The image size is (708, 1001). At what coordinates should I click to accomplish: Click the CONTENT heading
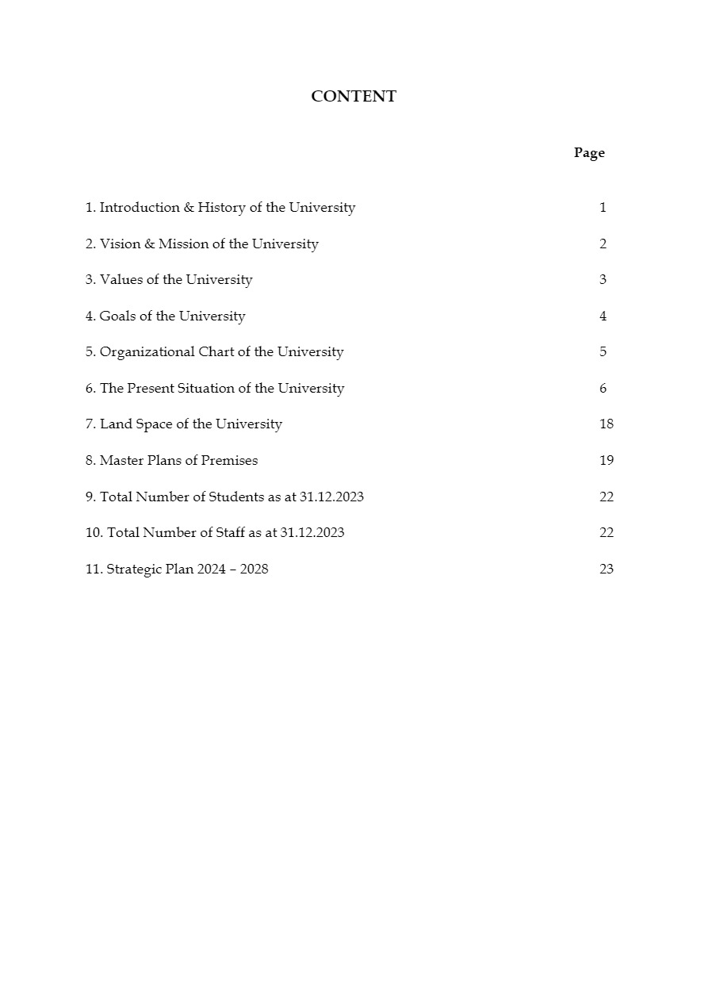[354, 97]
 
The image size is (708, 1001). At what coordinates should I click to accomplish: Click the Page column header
[589, 153]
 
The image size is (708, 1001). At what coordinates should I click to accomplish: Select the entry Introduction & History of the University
[220, 208]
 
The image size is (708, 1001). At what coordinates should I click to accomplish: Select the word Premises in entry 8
[229, 461]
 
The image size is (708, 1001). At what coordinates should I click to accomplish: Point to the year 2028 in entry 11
[254, 570]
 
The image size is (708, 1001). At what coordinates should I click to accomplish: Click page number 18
[607, 424]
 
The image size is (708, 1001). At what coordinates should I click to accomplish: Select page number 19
[607, 461]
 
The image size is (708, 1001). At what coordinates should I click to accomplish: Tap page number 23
[607, 570]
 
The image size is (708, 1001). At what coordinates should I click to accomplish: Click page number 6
[603, 389]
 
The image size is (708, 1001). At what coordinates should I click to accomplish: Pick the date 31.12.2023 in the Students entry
[331, 497]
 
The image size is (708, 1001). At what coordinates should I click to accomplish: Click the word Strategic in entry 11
[134, 570]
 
